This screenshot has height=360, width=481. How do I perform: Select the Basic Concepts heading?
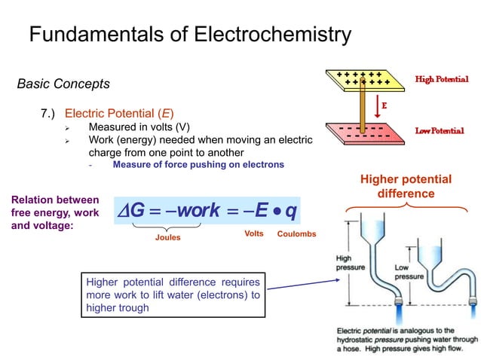click(63, 84)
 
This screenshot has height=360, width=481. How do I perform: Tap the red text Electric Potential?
click(119, 114)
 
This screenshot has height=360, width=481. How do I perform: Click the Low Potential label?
click(440, 131)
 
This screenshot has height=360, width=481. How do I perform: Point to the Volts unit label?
click(254, 233)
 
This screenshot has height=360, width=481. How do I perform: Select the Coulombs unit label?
click(296, 234)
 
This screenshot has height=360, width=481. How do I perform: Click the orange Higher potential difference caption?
click(406, 186)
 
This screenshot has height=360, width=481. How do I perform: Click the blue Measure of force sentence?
click(198, 164)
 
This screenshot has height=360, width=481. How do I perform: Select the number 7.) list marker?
click(50, 114)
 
